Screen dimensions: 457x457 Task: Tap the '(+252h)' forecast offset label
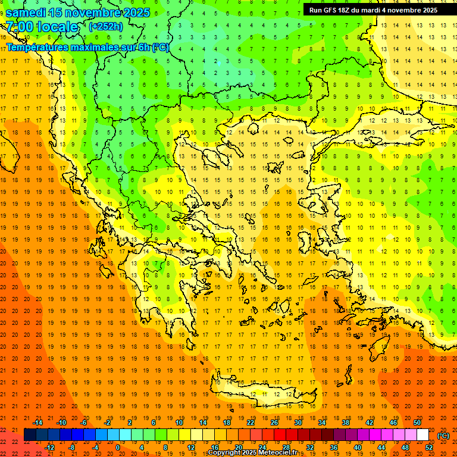106,26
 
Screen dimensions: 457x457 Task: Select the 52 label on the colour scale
429,447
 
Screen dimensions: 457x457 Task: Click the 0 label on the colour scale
118,447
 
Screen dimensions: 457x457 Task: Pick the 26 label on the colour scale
274,422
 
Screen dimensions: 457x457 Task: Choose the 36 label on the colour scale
333,447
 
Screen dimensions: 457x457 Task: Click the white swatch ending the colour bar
422,435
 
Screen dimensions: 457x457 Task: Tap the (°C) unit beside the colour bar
443,436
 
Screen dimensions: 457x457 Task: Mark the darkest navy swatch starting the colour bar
30,435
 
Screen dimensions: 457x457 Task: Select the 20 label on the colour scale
238,447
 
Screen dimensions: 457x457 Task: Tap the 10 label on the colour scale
179,422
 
